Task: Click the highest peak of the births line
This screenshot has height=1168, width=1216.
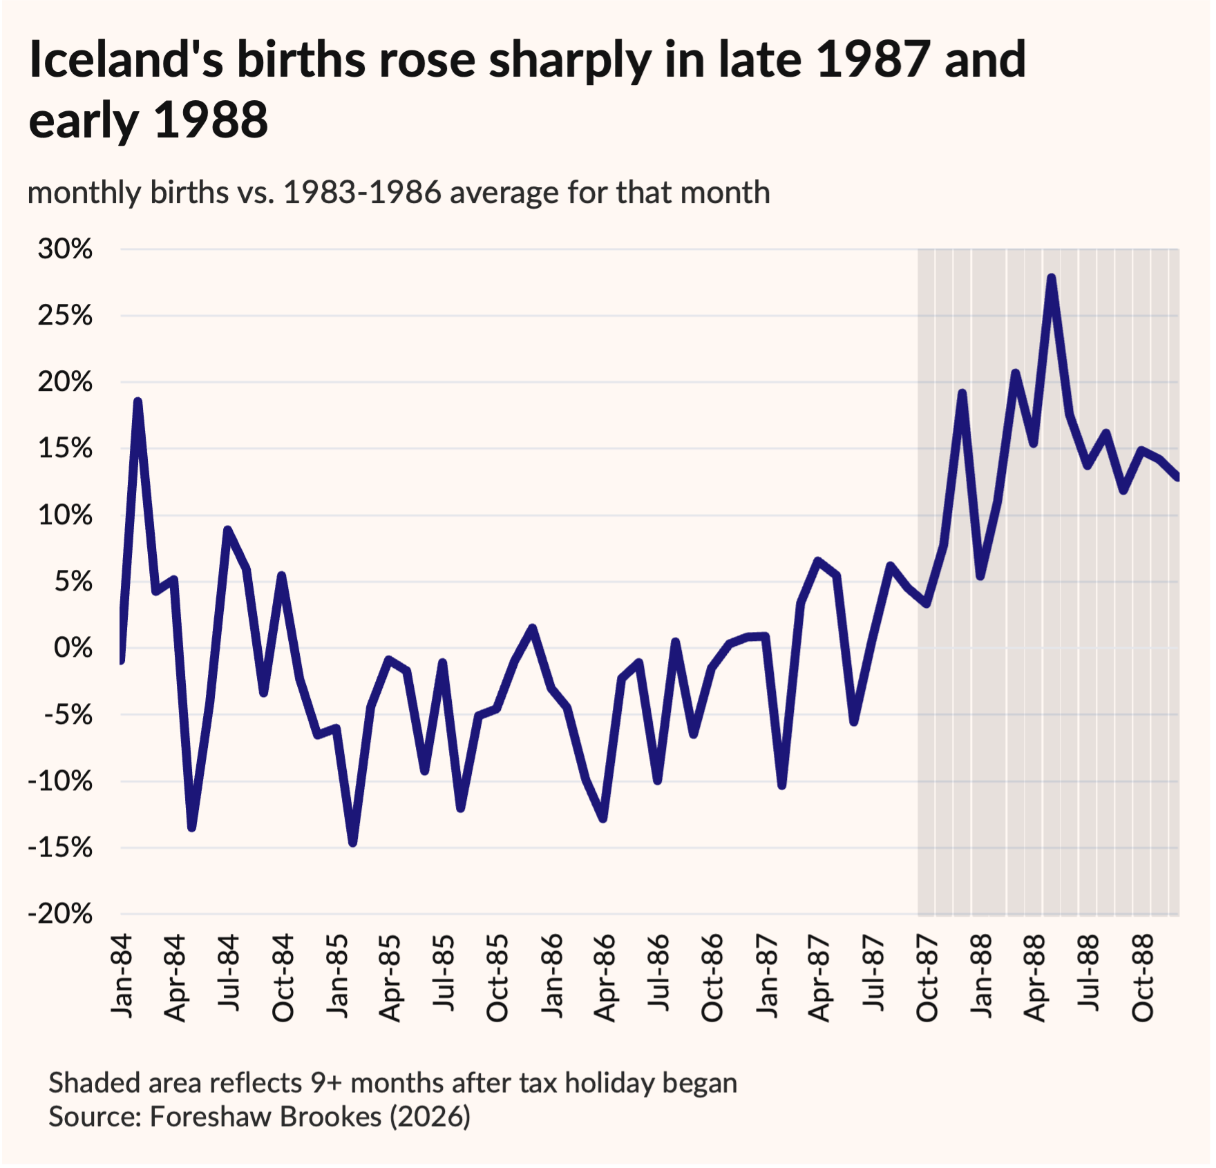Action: tap(1052, 278)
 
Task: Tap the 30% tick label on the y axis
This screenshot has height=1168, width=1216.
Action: tap(65, 249)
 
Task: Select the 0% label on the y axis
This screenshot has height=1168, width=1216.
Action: tap(73, 648)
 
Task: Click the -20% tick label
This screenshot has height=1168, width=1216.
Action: tap(60, 914)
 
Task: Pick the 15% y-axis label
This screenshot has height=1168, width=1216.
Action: tap(65, 449)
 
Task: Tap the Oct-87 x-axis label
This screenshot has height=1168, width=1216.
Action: tap(927, 978)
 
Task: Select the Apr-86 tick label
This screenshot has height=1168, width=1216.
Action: tap(605, 978)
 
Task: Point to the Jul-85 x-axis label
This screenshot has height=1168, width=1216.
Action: tap(444, 973)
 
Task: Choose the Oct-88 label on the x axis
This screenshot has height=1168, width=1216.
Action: tap(1142, 978)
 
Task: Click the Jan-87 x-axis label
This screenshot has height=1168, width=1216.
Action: tap(766, 977)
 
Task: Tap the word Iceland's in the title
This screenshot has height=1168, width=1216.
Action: tap(126, 59)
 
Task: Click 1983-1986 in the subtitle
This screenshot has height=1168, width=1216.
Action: tap(362, 193)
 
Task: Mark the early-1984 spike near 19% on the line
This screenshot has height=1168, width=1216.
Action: tap(138, 402)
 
